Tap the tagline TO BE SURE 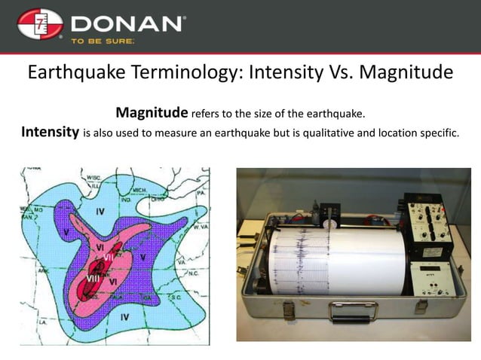coord(103,42)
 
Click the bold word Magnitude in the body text coord(151,113)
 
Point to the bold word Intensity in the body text coord(49,133)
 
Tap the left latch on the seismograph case coord(286,309)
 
